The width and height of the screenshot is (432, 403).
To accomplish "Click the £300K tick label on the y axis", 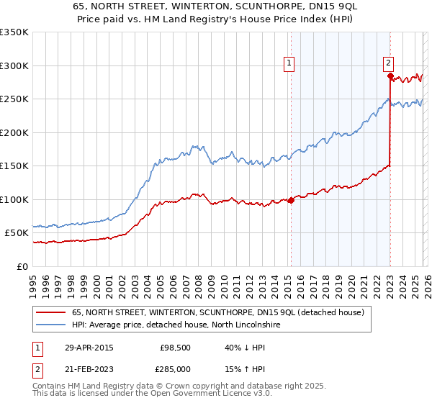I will point(14,65).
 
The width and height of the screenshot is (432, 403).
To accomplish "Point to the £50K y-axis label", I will point(17,233).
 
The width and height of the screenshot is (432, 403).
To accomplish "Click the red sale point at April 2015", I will point(291,200).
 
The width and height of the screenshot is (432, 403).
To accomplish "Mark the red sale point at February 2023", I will point(390,76).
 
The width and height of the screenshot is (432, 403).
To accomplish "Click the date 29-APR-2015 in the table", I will point(89,348).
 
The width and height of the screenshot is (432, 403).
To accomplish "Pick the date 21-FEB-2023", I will point(89,369).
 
